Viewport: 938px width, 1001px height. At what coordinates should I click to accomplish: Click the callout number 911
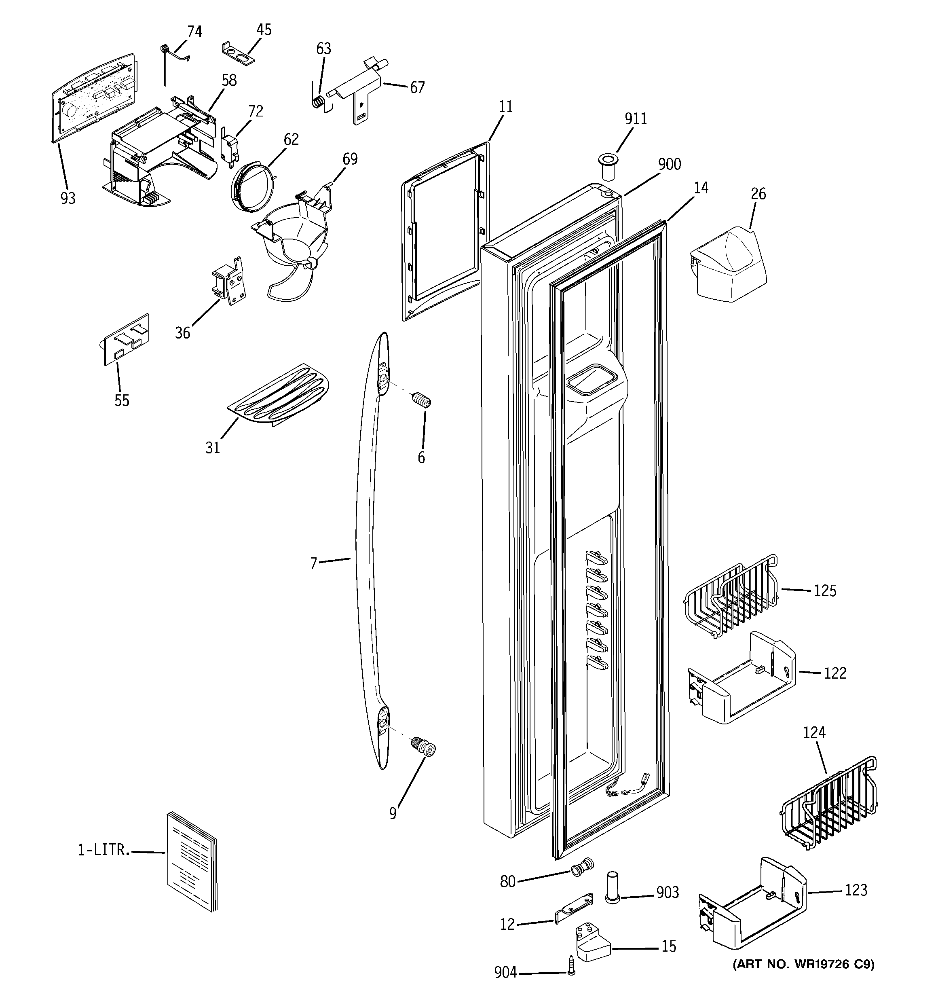coord(636,119)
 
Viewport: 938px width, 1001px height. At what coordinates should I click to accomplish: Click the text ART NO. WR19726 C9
coord(803,964)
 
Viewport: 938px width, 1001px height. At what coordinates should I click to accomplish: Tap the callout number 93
coord(68,199)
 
